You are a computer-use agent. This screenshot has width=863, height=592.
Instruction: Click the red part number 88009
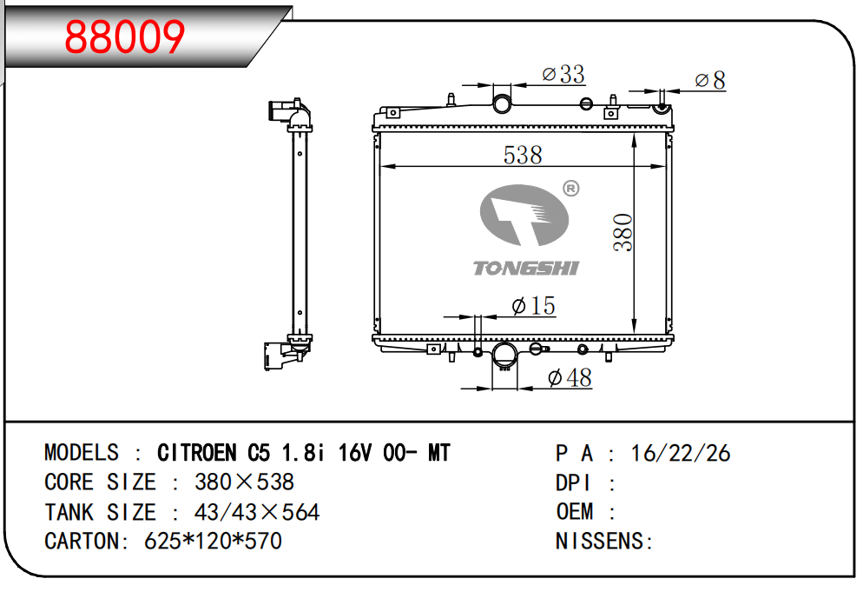(124, 37)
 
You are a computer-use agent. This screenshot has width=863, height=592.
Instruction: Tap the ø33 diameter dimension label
(563, 74)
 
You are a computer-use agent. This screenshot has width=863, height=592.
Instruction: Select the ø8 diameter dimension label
(710, 81)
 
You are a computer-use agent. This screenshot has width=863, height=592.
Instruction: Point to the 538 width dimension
(523, 155)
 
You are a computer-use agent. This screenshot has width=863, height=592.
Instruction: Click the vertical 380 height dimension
(623, 233)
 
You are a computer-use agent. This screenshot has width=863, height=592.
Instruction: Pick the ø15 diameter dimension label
(533, 305)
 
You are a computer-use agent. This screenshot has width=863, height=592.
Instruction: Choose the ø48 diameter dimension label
(570, 377)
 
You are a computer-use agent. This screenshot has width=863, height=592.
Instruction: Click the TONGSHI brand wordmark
(525, 269)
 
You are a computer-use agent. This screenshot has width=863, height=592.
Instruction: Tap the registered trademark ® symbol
(570, 189)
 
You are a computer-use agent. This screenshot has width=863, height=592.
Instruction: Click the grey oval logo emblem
(524, 215)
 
